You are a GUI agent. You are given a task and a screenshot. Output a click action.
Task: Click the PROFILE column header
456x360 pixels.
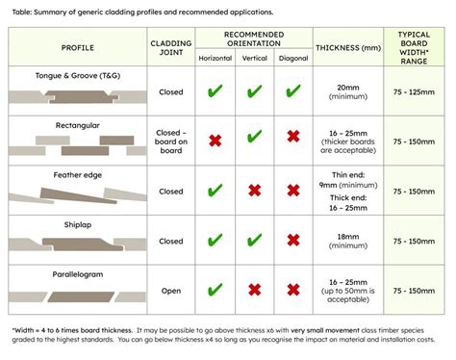(77, 47)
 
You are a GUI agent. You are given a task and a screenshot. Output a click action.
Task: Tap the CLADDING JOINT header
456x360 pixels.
(171, 47)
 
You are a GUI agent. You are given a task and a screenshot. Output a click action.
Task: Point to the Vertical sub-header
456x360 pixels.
(254, 57)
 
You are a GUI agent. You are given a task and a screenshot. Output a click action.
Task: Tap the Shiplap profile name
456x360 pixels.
(77, 222)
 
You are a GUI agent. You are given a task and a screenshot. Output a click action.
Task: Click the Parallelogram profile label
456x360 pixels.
(77, 272)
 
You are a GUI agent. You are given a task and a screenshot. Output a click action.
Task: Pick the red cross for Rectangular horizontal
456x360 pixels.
(215, 141)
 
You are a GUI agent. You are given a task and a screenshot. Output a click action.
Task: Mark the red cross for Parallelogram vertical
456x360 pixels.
(254, 290)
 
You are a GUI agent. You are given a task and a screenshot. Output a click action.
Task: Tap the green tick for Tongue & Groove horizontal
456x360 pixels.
(215, 92)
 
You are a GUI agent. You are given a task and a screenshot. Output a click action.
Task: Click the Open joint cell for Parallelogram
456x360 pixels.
(171, 290)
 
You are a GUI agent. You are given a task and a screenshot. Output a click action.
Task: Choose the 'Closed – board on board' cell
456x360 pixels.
(171, 141)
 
